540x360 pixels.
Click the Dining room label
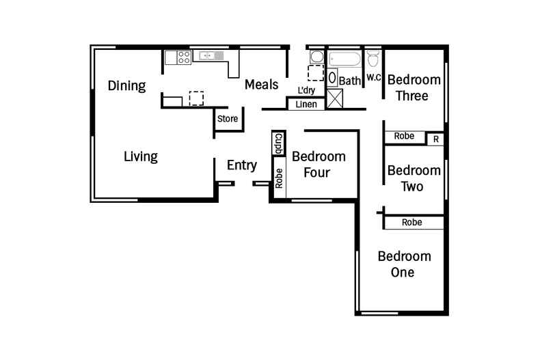tap(127, 86)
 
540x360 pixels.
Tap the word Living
tap(141, 156)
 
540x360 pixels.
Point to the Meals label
tap(262, 85)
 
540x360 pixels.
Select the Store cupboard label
tap(228, 119)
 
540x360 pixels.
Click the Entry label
tap(242, 165)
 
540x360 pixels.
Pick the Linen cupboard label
tap(306, 105)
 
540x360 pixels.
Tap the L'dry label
tap(306, 90)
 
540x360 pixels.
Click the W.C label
tap(373, 77)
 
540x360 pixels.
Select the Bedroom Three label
tap(414, 87)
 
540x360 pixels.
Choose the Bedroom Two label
tap(414, 178)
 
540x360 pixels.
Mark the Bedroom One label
tap(404, 264)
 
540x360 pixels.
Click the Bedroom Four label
tap(319, 164)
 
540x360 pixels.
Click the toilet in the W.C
tap(373, 57)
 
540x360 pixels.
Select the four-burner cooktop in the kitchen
tap(183, 57)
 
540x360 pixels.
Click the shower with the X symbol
tap(336, 98)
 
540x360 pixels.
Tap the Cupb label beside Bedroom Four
tap(279, 145)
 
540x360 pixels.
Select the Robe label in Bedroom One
tap(411, 223)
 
